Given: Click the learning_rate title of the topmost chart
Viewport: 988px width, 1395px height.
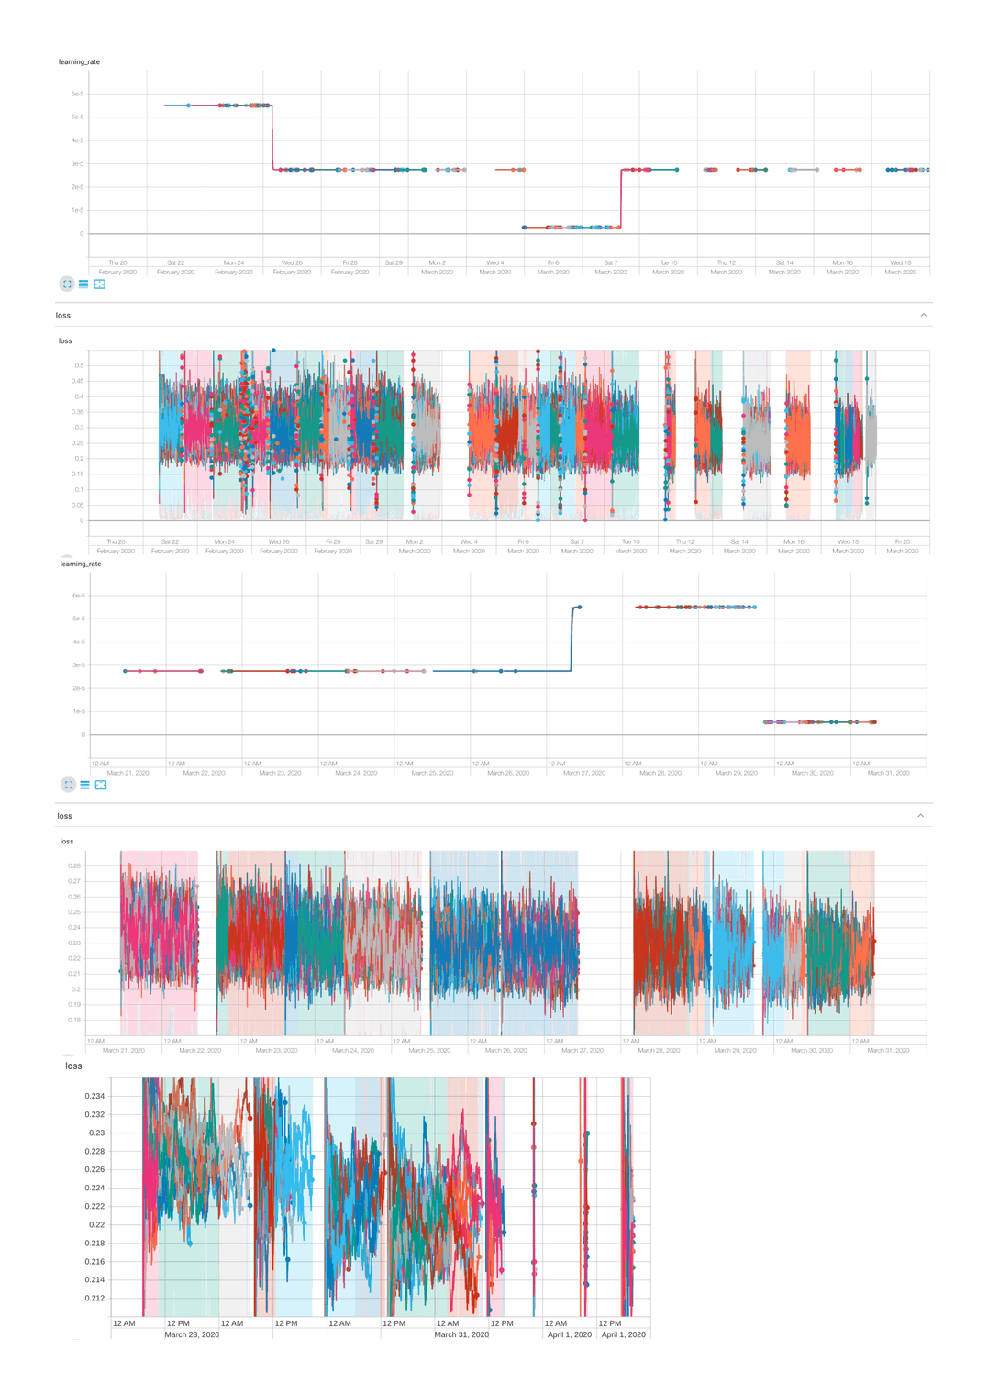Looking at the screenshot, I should [79, 61].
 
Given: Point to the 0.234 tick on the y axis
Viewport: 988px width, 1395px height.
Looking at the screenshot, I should [94, 1096].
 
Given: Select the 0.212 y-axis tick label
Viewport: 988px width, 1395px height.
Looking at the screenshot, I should [94, 1298].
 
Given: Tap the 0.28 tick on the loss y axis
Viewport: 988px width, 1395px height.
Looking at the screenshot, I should [74, 865].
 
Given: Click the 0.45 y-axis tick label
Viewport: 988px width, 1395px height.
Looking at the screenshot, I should [77, 381].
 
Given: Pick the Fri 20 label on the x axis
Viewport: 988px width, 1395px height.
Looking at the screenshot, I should [902, 541].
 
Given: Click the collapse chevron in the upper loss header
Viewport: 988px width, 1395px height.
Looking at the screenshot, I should [923, 315].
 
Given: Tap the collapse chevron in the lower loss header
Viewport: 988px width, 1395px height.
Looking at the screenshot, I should [920, 815].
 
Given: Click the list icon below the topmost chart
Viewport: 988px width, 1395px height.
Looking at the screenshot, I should [83, 285].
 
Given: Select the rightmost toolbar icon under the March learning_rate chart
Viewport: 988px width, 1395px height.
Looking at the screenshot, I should [101, 785].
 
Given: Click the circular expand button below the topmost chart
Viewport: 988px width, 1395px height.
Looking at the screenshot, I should [67, 285].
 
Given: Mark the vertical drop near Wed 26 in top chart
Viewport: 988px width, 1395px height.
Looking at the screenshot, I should [272, 138].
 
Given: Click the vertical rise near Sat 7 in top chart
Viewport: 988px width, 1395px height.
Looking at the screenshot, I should [621, 197].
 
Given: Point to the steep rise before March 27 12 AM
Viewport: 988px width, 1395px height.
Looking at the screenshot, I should [572, 638].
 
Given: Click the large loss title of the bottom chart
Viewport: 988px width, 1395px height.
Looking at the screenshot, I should [73, 1066].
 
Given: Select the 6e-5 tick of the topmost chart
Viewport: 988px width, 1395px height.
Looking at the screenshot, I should [77, 94].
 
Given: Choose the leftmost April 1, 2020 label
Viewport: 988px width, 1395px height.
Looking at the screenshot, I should [569, 1334].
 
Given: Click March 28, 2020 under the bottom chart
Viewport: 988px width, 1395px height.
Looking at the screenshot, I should [192, 1334].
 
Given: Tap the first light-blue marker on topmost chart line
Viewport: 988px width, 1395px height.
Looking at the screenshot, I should [189, 106].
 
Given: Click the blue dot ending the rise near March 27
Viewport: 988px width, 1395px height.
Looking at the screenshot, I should [579, 608].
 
